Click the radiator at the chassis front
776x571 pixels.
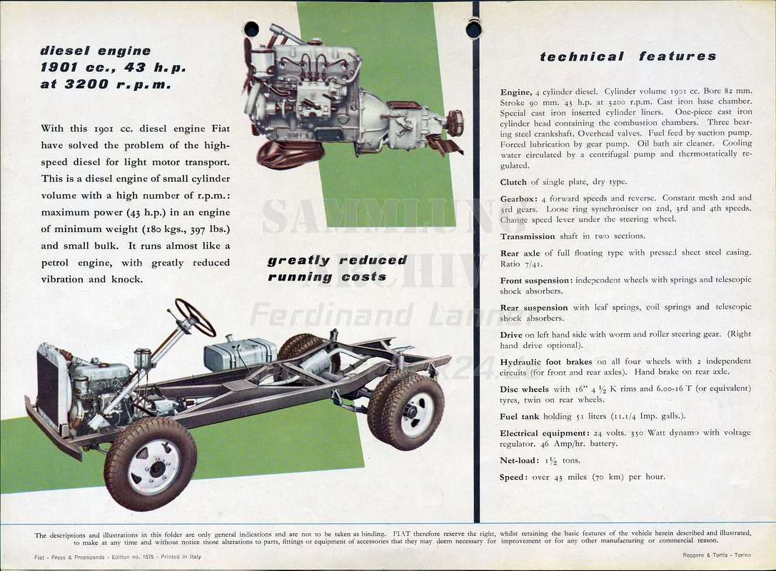pos(49,386)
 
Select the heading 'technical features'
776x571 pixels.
pos(628,56)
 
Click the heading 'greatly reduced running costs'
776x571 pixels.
pos(338,268)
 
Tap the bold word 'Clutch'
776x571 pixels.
pos(513,182)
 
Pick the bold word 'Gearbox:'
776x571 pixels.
pos(518,199)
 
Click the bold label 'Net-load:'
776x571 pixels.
pos(519,460)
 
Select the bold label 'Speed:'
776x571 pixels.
pos(514,477)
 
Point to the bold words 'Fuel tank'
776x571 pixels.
pos(519,417)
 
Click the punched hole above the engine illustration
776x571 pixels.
pos(252,29)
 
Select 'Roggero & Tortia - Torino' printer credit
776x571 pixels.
pos(717,555)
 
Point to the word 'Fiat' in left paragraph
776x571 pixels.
pos(221,128)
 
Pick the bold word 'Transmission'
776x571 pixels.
pos(527,236)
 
